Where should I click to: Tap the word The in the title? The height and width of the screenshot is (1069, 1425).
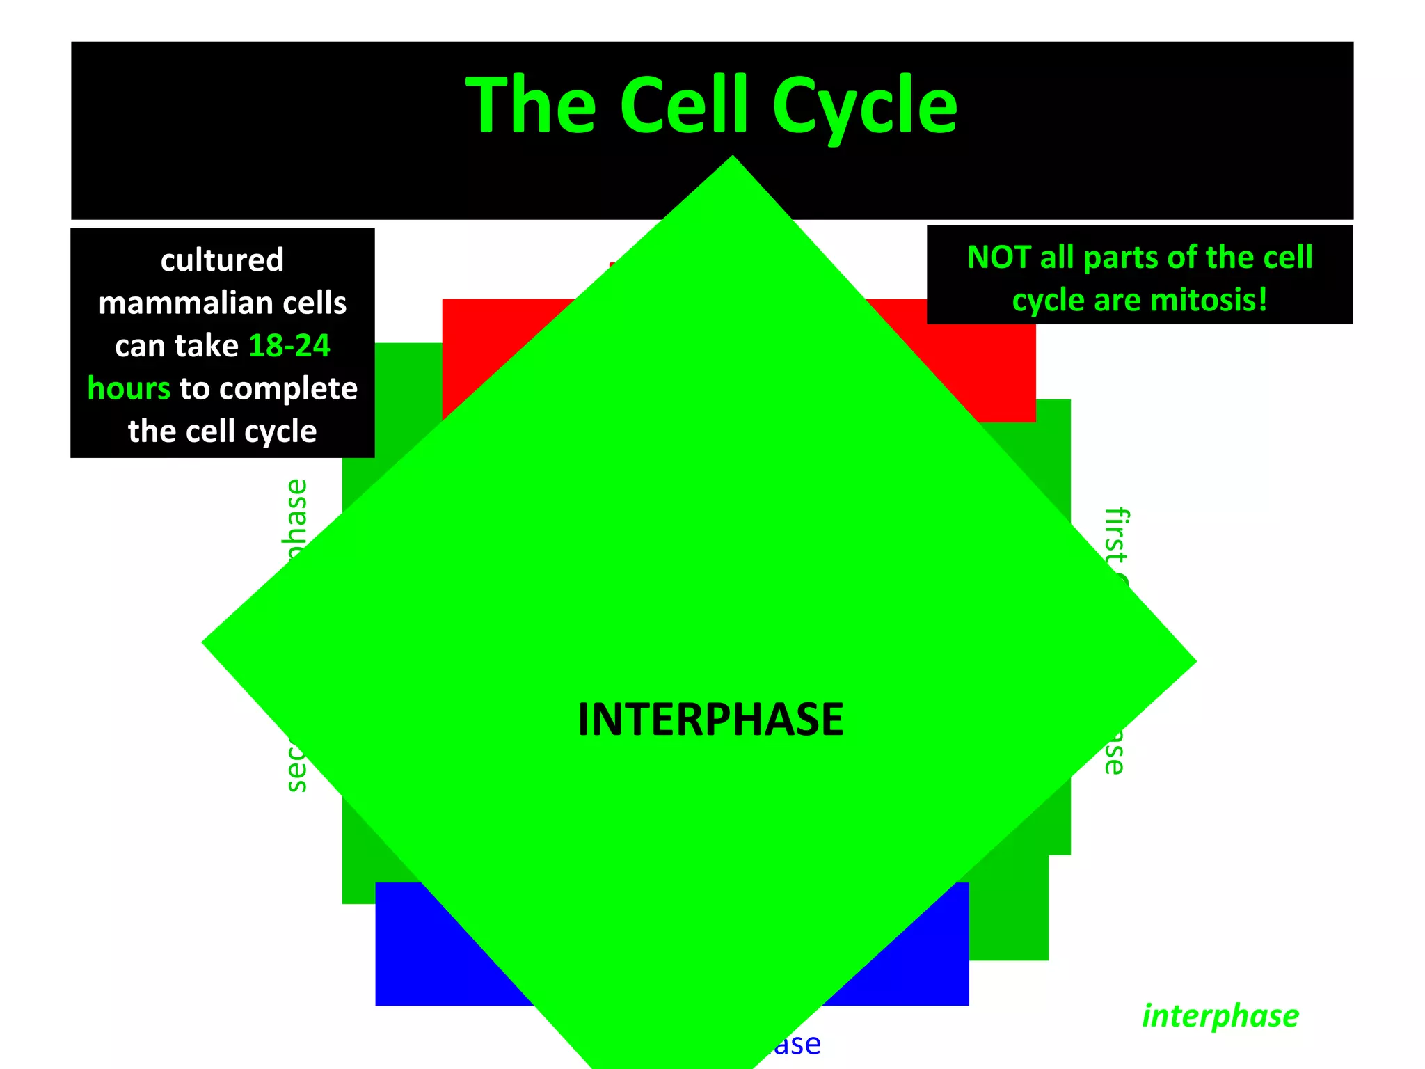click(x=530, y=106)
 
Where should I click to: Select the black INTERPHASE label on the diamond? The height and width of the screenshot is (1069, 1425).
click(x=710, y=720)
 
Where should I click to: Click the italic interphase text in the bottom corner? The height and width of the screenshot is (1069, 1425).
click(x=1220, y=1016)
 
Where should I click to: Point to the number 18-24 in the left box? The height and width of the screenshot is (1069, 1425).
click(x=289, y=346)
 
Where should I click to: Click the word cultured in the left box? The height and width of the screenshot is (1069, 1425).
click(x=222, y=260)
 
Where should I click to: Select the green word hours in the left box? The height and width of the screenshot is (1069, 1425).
click(x=129, y=388)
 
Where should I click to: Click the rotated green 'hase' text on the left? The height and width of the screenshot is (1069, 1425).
click(x=297, y=515)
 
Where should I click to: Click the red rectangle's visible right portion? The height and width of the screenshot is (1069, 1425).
click(x=974, y=362)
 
